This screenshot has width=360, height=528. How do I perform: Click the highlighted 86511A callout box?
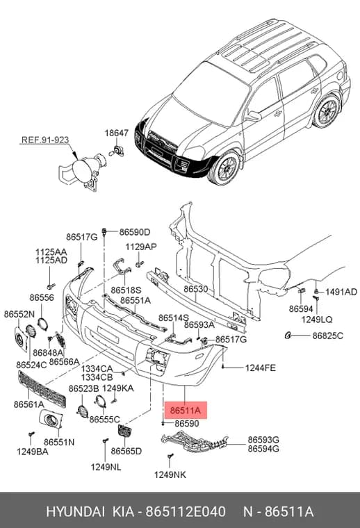(186, 410)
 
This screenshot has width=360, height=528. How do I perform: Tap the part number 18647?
(117, 133)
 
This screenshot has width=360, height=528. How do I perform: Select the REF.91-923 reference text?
(45, 140)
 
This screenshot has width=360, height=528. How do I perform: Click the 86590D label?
(135, 232)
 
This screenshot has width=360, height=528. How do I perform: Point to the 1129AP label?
(141, 247)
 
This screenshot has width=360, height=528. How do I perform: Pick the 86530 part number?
(196, 289)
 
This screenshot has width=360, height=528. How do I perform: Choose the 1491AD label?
(341, 292)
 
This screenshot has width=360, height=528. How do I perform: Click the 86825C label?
(327, 336)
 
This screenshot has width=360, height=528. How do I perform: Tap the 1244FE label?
(261, 368)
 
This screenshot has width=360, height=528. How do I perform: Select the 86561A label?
(28, 404)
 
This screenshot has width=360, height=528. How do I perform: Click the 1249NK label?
(170, 475)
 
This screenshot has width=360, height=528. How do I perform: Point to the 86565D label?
(126, 451)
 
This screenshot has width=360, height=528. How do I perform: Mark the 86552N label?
(19, 314)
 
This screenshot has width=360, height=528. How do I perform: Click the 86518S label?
(126, 290)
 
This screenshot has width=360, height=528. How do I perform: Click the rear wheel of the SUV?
(326, 110)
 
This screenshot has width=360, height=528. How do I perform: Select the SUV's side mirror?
(253, 117)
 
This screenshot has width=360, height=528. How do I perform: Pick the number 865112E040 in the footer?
(186, 512)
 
